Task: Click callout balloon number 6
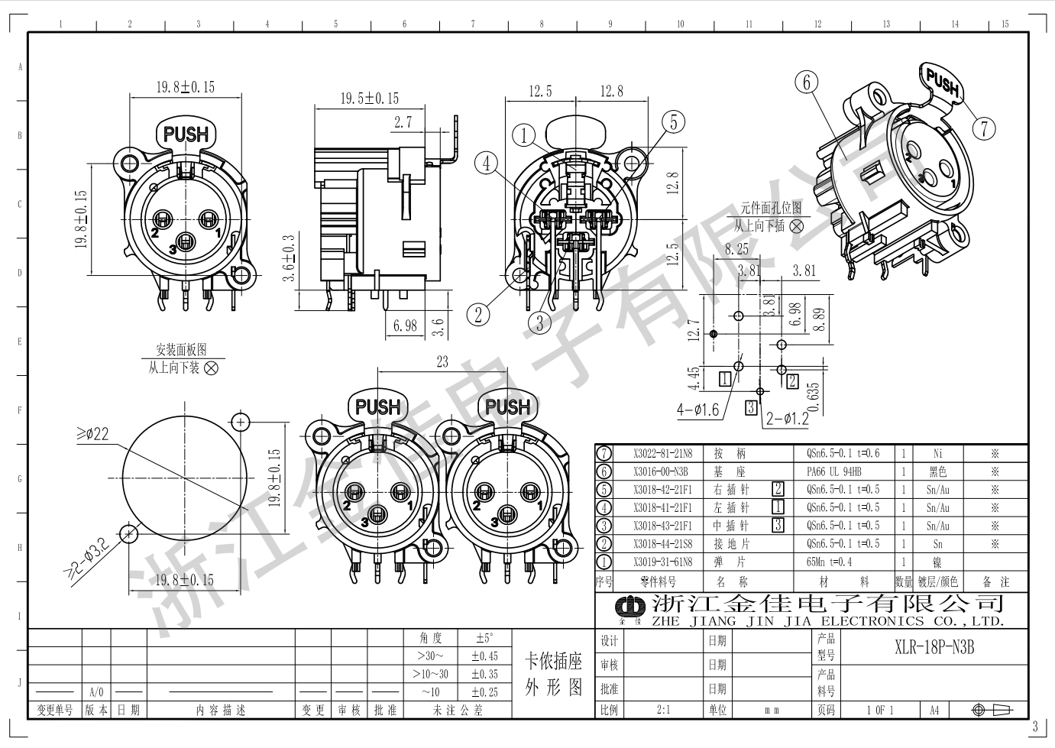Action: click(x=807, y=82)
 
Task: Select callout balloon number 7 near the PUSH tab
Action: click(x=985, y=128)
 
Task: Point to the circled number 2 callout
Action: click(x=479, y=314)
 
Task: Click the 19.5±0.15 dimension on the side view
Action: click(x=369, y=99)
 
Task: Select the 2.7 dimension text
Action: click(x=403, y=122)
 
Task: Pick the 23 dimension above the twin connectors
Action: click(x=442, y=361)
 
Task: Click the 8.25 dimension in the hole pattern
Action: click(x=737, y=249)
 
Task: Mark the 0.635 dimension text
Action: click(x=813, y=397)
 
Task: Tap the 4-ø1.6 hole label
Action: click(x=697, y=410)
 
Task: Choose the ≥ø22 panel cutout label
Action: click(x=92, y=435)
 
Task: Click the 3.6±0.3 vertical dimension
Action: click(x=289, y=258)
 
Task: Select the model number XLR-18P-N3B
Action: click(x=934, y=649)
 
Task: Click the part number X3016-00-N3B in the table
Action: click(x=662, y=472)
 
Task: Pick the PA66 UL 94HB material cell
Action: click(x=833, y=472)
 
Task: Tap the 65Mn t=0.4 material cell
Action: click(x=829, y=562)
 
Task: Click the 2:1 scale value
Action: click(x=663, y=710)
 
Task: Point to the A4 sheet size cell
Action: click(x=934, y=710)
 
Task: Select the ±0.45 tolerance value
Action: click(x=484, y=656)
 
